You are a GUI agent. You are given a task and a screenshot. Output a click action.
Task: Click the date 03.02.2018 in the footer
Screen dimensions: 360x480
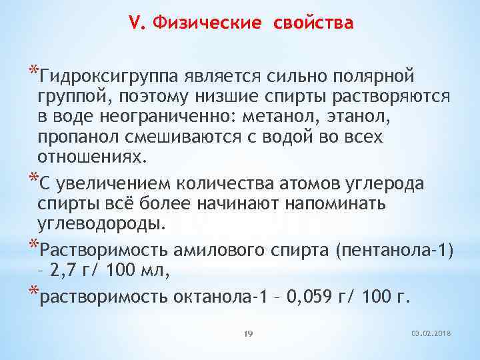[432, 332]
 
